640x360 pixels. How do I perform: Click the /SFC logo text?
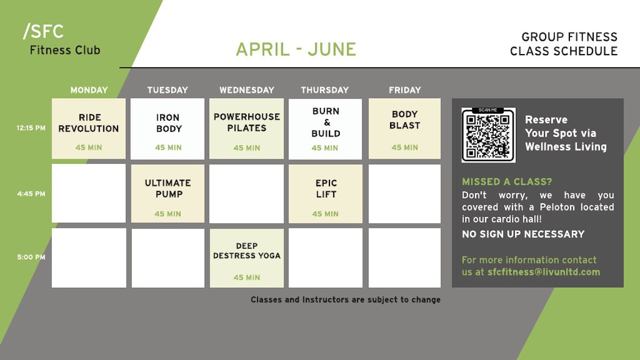click(43, 31)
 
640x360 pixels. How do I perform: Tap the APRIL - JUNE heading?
click(296, 49)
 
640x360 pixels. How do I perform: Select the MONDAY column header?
click(89, 90)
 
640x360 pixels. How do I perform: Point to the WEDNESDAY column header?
click(247, 90)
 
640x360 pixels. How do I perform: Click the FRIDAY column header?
click(404, 90)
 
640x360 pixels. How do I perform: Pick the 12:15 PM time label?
click(31, 127)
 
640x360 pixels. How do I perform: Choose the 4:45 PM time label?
click(31, 194)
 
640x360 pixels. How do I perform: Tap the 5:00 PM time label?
click(31, 257)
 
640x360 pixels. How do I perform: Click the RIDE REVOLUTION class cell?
click(89, 128)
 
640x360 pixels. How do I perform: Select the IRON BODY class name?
click(168, 123)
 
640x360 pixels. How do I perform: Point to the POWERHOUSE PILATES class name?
click(247, 122)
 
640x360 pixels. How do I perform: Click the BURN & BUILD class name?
click(326, 122)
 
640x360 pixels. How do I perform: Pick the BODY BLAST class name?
click(404, 120)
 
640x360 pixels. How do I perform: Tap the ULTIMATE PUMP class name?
click(168, 189)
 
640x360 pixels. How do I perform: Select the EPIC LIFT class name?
click(326, 189)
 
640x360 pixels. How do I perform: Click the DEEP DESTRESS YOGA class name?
click(247, 251)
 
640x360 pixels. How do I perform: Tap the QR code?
click(489, 135)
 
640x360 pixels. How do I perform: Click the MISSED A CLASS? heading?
click(507, 182)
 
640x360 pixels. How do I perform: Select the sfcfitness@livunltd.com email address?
click(543, 272)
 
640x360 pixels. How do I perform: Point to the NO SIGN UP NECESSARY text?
click(523, 234)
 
